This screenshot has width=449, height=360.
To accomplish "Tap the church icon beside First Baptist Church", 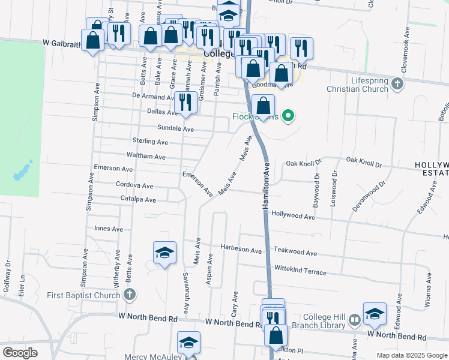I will (130, 295).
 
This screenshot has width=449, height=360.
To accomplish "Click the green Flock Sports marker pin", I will (288, 116).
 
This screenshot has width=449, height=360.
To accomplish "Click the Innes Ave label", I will (109, 229).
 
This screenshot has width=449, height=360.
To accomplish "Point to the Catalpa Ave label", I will (138, 200).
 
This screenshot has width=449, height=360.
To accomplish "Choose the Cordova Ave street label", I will (134, 186).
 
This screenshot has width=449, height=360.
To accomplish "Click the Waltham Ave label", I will (147, 157).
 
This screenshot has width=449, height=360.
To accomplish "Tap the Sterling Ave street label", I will (150, 142).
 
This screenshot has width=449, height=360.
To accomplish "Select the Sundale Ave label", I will (175, 128).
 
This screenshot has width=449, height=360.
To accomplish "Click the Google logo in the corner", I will (19, 353).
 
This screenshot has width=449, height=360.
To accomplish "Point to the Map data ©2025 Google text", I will (411, 355).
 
